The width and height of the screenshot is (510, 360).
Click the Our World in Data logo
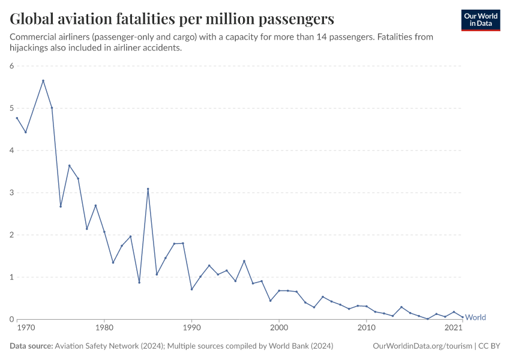coord(481,20)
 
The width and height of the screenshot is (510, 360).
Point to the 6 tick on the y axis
coord(11,66)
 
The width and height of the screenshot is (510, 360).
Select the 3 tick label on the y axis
coord(11,193)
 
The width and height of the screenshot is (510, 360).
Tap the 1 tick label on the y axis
coord(11,277)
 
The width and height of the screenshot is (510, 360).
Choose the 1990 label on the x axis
coord(191,328)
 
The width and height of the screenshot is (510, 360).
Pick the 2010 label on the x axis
coord(366,328)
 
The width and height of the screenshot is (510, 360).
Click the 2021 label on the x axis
coord(453,328)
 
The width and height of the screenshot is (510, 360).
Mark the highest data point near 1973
coord(43,80)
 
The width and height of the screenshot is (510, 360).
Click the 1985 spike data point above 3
coord(148,189)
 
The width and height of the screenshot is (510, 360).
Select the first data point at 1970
coord(17,118)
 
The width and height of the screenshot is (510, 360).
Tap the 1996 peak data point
coord(244,261)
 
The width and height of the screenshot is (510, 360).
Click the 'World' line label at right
coord(475,317)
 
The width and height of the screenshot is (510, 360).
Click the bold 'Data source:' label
coord(31,346)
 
